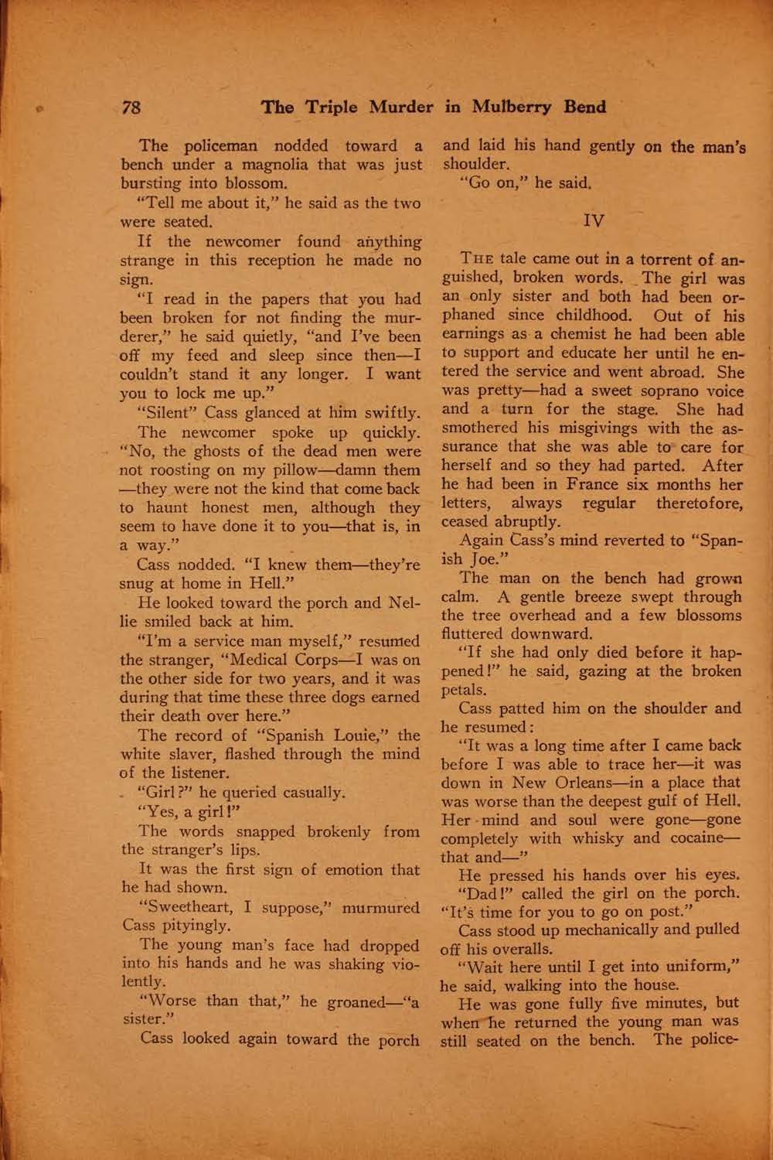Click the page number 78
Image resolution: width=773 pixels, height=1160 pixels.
(x=131, y=107)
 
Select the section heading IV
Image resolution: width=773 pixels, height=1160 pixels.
(x=593, y=221)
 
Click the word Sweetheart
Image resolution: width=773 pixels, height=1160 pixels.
(x=187, y=908)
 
